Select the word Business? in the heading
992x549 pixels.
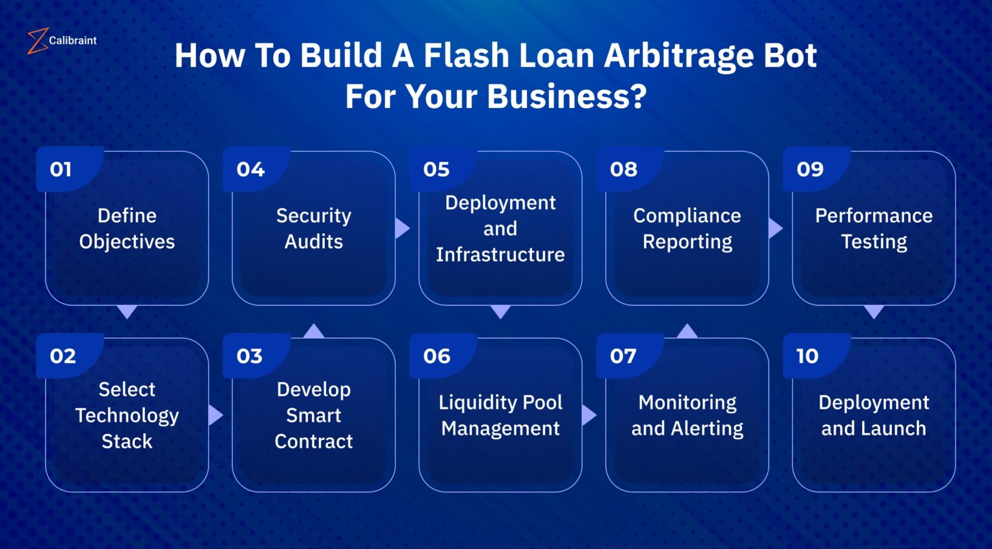pyautogui.click(x=566, y=97)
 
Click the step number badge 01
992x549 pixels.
pyautogui.click(x=61, y=169)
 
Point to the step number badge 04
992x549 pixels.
pyautogui.click(x=251, y=169)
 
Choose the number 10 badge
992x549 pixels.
pyautogui.click(x=807, y=356)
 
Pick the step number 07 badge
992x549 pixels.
pyautogui.click(x=623, y=356)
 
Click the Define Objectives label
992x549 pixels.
pyautogui.click(x=127, y=229)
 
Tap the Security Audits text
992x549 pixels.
pyautogui.click(x=314, y=229)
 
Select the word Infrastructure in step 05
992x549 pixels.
pyautogui.click(x=501, y=254)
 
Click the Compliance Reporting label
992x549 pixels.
pyautogui.click(x=687, y=229)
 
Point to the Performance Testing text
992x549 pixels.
pyautogui.click(x=874, y=229)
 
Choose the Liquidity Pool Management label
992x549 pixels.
pyautogui.click(x=501, y=415)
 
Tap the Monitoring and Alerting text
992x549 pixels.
pyautogui.click(x=687, y=415)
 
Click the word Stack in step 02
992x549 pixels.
pyautogui.click(x=127, y=441)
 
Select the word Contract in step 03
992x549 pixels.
pyautogui.click(x=314, y=441)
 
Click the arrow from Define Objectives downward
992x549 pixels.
pyautogui.click(x=127, y=312)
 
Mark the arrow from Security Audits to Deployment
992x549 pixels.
pyautogui.click(x=402, y=228)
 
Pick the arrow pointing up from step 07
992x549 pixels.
pyautogui.click(x=687, y=331)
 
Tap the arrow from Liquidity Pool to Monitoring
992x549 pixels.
pyautogui.click(x=588, y=415)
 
